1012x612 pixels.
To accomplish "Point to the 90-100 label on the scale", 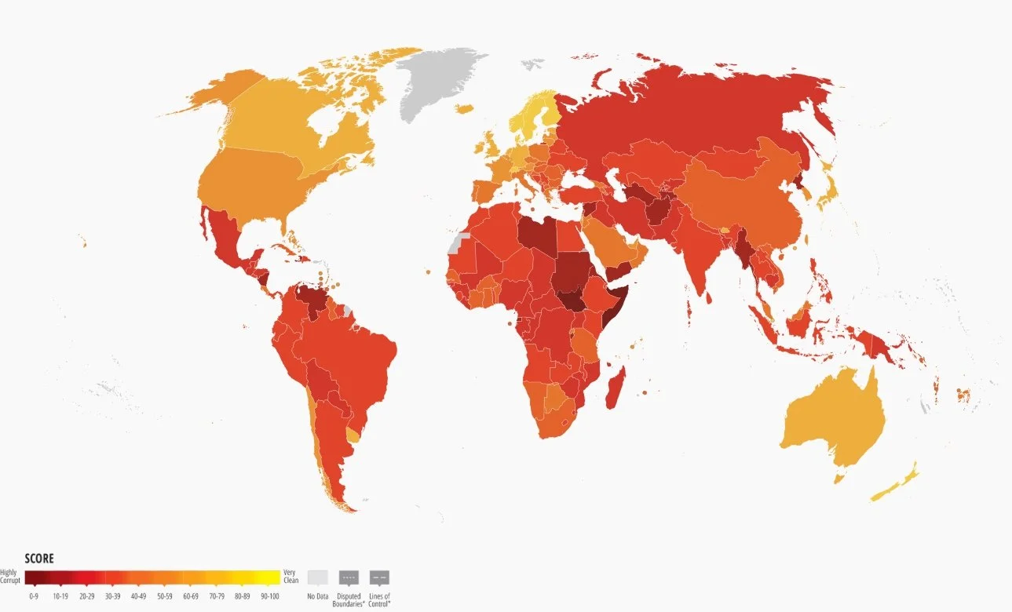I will (269, 596).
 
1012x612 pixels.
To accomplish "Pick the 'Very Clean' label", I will (290, 576).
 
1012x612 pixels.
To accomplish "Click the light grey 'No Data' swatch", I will (318, 577).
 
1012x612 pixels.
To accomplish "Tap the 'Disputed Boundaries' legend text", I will (349, 600).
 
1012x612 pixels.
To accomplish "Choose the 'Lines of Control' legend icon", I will (379, 577).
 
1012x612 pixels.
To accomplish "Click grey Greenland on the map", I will (436, 82).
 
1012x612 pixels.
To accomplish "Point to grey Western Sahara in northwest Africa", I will (458, 240).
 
